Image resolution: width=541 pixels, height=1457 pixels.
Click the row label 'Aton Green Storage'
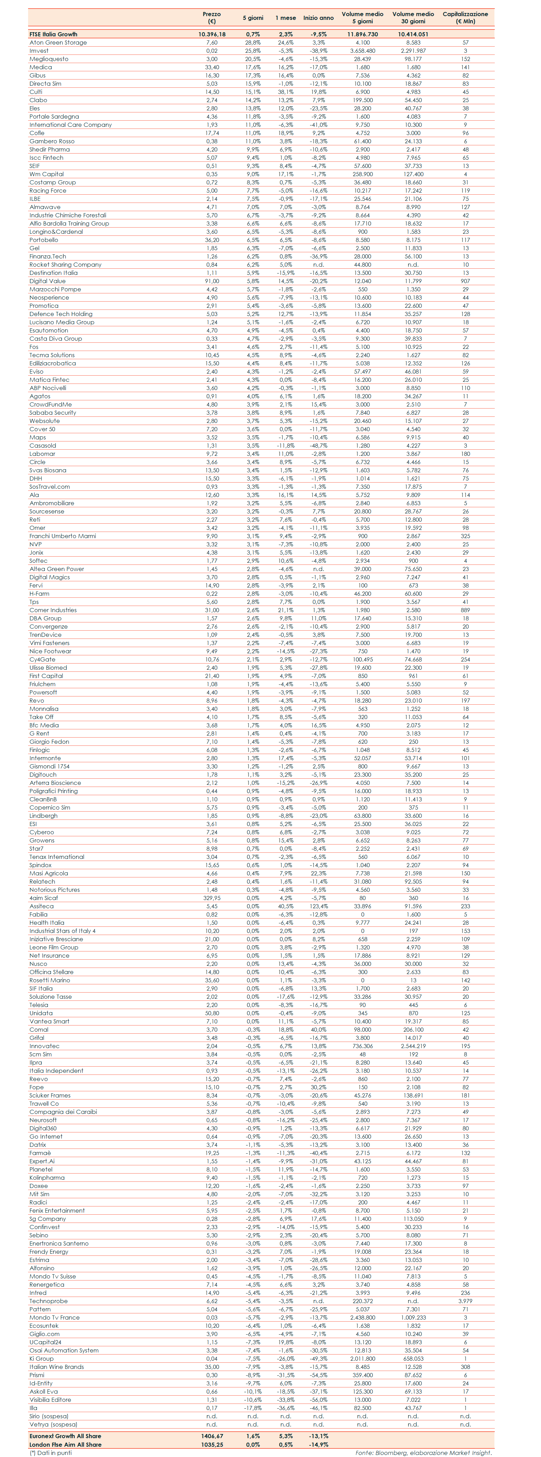click(x=58, y=43)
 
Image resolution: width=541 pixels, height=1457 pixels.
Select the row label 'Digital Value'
click(x=48, y=281)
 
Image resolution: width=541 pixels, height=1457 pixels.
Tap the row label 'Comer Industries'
click(x=53, y=610)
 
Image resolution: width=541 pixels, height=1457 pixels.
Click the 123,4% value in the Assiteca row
click(x=318, y=906)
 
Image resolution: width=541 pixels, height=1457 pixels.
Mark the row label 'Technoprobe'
click(x=49, y=1301)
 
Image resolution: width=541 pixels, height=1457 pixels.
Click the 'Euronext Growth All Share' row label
click(x=66, y=1436)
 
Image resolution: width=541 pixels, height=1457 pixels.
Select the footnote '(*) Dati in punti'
click(x=51, y=1453)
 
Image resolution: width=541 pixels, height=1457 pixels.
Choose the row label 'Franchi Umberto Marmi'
click(x=63, y=536)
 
